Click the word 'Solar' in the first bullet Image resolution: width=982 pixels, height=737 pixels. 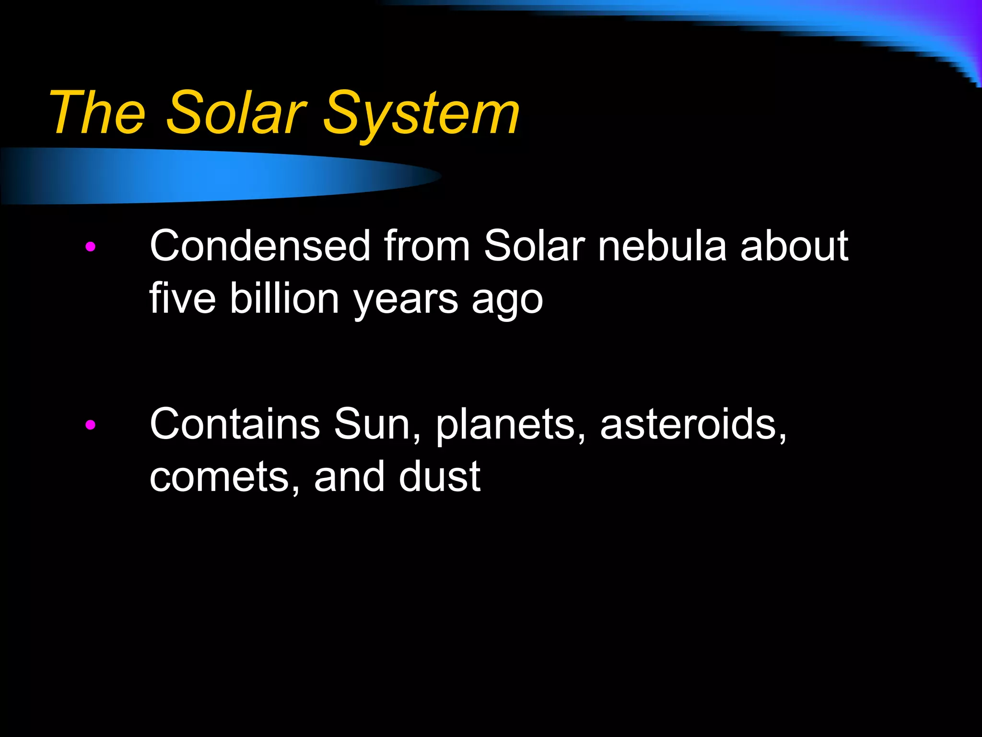pos(534,246)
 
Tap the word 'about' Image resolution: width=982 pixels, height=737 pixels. pos(794,246)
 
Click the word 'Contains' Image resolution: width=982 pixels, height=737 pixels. pos(234,424)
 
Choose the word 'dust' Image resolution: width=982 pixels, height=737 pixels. pos(439,476)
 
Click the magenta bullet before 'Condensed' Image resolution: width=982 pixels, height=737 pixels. pos(90,247)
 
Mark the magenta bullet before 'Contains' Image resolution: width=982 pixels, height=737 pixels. pos(90,425)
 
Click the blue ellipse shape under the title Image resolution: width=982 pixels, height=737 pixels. pos(216,176)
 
